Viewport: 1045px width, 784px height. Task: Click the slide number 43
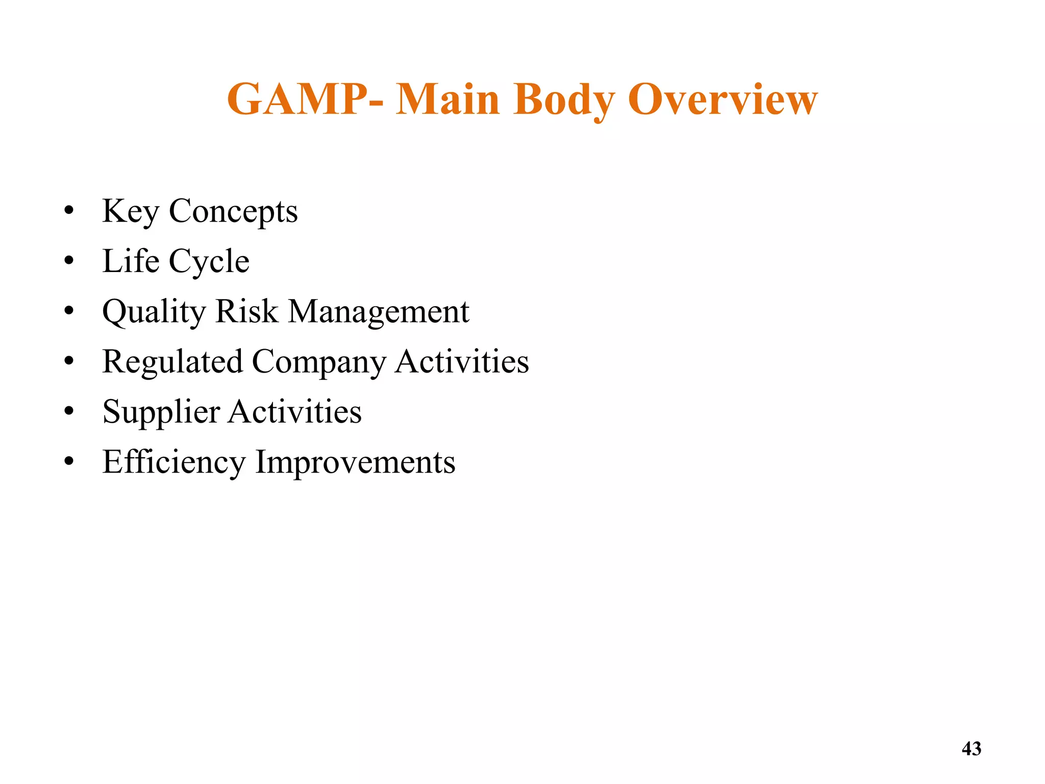click(x=971, y=749)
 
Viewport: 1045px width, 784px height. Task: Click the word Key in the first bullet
click(x=131, y=211)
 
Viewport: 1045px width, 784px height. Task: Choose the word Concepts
click(x=233, y=211)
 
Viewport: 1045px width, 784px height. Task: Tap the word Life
click(x=131, y=261)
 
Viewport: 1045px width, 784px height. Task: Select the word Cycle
click(x=209, y=262)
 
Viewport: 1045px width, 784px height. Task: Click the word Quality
click(x=154, y=311)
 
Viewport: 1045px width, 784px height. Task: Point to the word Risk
click(x=247, y=311)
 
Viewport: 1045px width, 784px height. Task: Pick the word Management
click(x=379, y=311)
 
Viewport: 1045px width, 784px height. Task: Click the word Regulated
click(x=172, y=361)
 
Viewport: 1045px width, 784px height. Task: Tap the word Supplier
click(x=161, y=412)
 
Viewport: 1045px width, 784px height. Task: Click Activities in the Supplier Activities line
click(x=295, y=411)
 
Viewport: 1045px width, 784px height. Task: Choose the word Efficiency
click(x=174, y=462)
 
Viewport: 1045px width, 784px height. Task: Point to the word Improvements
click(x=355, y=462)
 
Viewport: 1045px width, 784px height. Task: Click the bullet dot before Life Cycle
click(x=69, y=262)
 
